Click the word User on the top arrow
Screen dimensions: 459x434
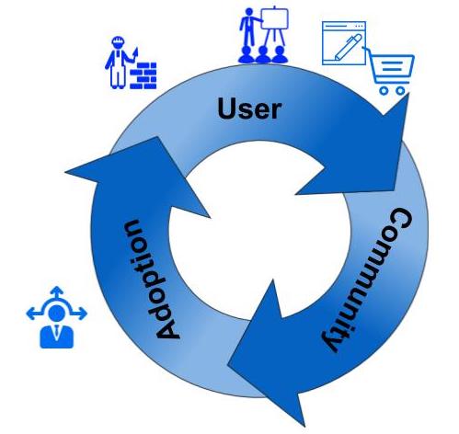pos(249,108)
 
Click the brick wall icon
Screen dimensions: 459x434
pos(143,75)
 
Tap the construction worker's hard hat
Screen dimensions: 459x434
pos(118,40)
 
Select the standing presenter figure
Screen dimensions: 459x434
pos(249,27)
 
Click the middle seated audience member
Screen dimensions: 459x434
pos(263,55)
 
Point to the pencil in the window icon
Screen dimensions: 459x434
pos(348,47)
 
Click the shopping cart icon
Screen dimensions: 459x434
pos(389,71)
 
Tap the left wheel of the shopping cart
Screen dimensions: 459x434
pos(384,90)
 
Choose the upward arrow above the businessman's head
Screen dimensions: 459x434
pos(56,293)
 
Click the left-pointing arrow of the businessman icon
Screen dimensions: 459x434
pos(33,314)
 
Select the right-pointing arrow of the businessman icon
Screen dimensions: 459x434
pos(80,314)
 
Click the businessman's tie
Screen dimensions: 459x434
pos(56,333)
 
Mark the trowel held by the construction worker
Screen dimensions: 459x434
pos(134,54)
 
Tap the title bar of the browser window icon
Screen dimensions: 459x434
pos(344,26)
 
